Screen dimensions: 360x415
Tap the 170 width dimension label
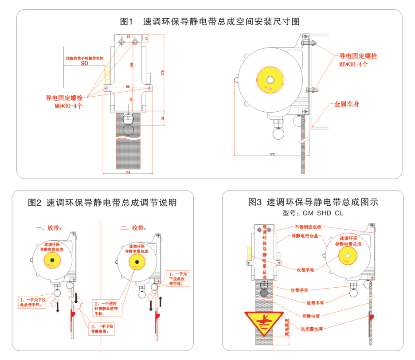[271, 154]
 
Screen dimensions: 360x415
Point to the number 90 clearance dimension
[84, 63]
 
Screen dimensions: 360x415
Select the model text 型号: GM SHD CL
[313, 213]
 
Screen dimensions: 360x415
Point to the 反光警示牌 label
[312, 329]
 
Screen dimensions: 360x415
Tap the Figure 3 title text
[313, 202]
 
